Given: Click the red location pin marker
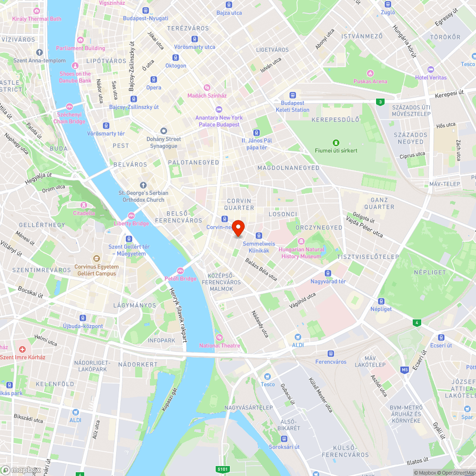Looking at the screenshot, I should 238,228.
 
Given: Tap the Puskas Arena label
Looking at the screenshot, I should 370,81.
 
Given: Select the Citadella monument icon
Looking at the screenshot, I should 83,205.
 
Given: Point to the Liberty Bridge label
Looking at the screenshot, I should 131,223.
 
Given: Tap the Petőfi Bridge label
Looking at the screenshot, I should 180,278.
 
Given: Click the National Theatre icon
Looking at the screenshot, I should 219,337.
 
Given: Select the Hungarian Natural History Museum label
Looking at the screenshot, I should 302,253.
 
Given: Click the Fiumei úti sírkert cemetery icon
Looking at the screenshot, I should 336,142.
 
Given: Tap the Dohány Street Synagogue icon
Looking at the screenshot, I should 163,131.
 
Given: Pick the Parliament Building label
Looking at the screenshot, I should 80,48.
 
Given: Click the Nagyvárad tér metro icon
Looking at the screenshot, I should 327,273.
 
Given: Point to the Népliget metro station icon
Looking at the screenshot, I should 381,301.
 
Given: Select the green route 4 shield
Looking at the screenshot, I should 417,323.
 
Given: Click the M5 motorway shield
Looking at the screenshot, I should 405,369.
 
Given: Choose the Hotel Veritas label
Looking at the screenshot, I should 431,78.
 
